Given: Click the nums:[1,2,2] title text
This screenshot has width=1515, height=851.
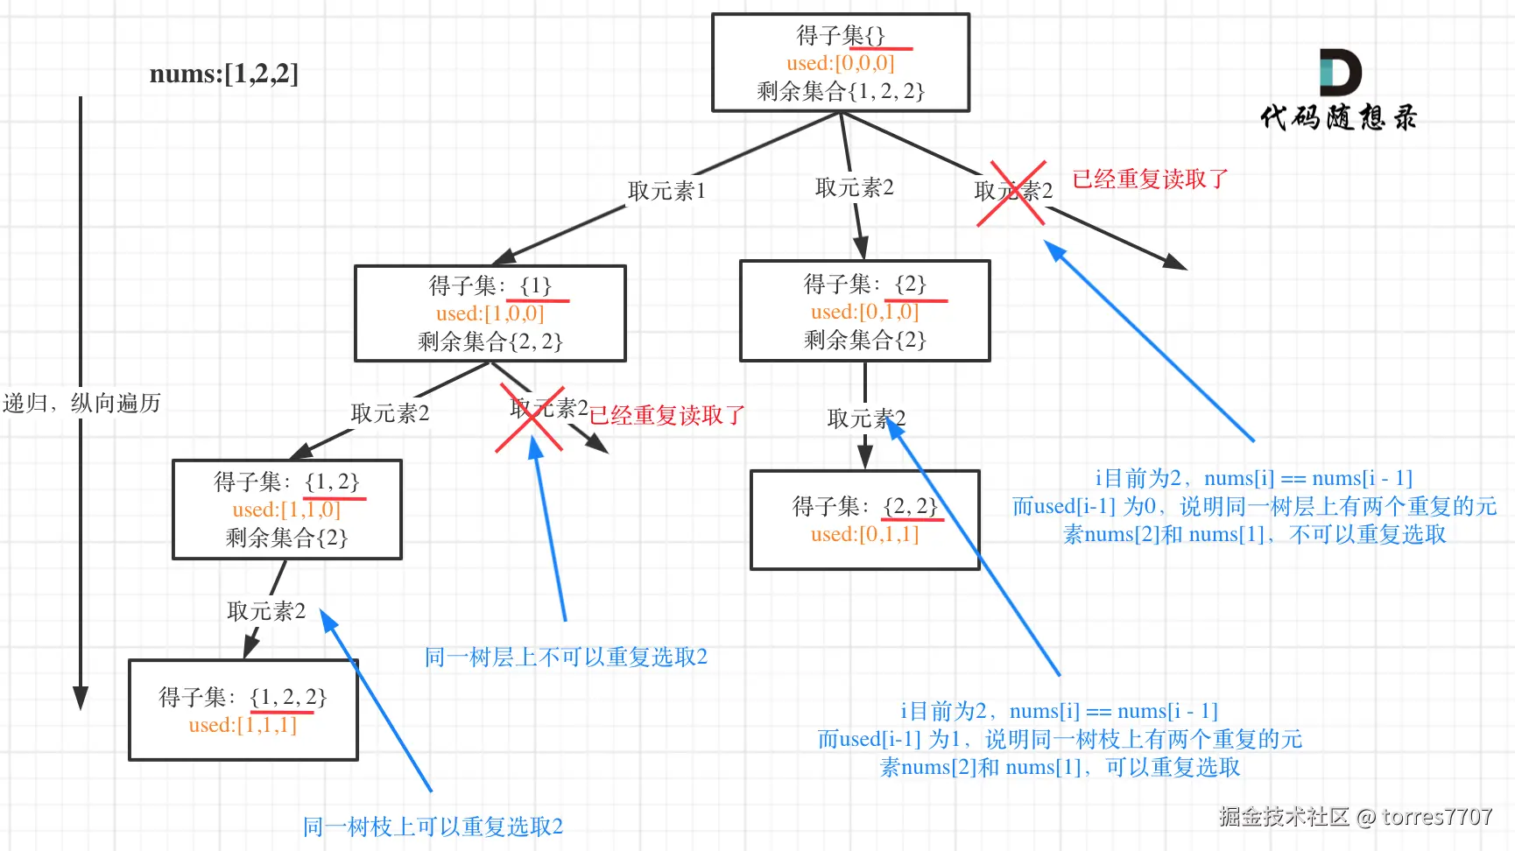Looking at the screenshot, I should pos(223,74).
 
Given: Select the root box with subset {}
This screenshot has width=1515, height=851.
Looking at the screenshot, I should pos(841,62).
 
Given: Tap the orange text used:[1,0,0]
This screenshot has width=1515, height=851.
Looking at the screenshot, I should pos(490,313).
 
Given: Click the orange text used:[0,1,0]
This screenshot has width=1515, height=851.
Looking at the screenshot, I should pos(864,312).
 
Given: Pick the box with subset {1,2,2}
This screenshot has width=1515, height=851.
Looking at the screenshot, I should pos(243,710).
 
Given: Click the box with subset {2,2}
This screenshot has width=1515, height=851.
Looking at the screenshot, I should pos(864,520).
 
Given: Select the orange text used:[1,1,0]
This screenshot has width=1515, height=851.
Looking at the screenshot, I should pos(286,510).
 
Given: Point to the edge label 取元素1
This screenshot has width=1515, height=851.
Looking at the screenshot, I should pos(666,191).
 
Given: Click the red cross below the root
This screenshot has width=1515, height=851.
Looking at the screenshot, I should pos(1011,193).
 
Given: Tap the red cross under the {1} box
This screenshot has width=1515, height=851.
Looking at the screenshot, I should pos(530,418).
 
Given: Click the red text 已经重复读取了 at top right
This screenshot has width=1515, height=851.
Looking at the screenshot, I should pos(1150,179).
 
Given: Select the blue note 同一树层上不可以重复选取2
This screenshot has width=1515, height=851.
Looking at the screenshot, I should pos(566,658).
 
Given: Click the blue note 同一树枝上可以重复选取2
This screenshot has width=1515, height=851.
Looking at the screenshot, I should pos(433,826).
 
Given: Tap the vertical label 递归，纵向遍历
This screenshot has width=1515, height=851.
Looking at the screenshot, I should pos(81,404).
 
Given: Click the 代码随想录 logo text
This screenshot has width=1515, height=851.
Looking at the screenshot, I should pos(1338,117).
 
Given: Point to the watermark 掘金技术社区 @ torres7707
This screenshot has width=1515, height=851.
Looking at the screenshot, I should pos(1355,817).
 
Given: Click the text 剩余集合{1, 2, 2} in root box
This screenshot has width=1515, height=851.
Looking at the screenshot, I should pos(841,91).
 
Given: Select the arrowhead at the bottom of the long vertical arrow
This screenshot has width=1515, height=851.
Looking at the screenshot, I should pos(81,698).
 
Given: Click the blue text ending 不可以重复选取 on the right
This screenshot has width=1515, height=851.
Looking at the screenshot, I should pos(1254,534).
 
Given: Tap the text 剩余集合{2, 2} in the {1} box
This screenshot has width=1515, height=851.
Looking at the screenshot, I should pos(490,341).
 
